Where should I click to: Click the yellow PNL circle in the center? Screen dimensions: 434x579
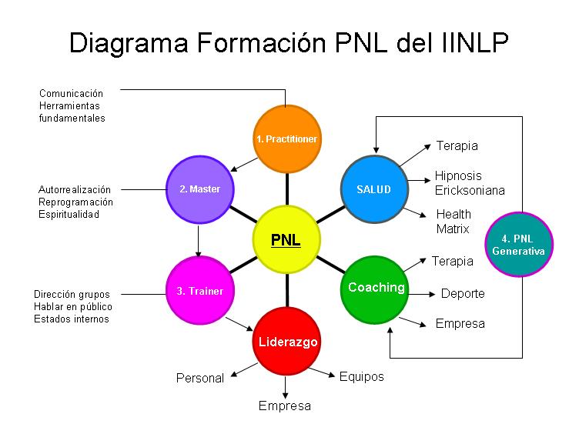pyautogui.click(x=286, y=239)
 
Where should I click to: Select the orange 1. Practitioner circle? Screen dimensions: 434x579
pyautogui.click(x=286, y=139)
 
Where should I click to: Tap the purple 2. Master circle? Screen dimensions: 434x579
pyautogui.click(x=199, y=189)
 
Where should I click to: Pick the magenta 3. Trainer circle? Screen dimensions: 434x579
pyautogui.click(x=199, y=291)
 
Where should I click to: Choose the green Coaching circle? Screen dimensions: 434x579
pyautogui.click(x=375, y=289)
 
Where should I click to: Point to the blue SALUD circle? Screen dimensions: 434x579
pyautogui.click(x=373, y=189)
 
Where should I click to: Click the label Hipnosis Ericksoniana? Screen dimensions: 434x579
pyautogui.click(x=469, y=183)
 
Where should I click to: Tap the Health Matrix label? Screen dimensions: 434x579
pyautogui.click(x=453, y=222)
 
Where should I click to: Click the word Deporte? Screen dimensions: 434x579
pyautogui.click(x=463, y=294)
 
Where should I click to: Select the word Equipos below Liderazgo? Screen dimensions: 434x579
pyautogui.click(x=361, y=376)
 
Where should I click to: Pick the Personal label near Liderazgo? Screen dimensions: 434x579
pyautogui.click(x=200, y=378)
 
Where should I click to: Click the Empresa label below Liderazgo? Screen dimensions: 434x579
pyautogui.click(x=285, y=406)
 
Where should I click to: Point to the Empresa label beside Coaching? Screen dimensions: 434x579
pyautogui.click(x=460, y=323)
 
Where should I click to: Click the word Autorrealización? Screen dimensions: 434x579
pyautogui.click(x=75, y=189)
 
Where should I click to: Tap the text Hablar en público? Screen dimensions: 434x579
pyautogui.click(x=72, y=306)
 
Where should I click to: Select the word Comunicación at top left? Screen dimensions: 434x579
pyautogui.click(x=72, y=94)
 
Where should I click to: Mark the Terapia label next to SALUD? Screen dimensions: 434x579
pyautogui.click(x=457, y=145)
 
